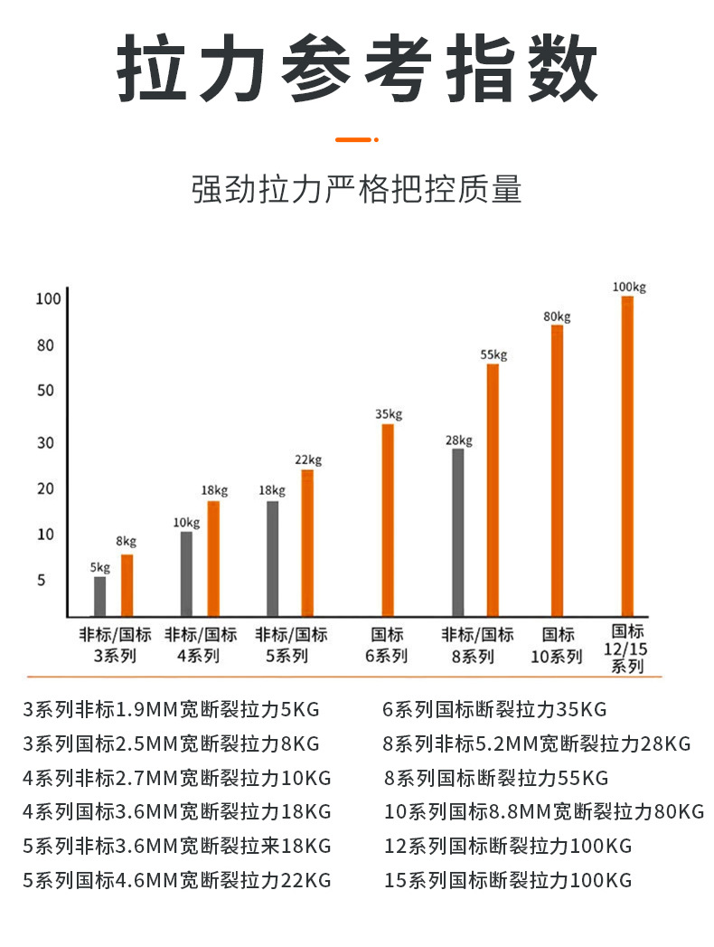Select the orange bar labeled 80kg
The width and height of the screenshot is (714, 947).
[558, 469]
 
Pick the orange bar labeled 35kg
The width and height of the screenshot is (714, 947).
[388, 519]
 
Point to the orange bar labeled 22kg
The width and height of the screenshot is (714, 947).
[307, 542]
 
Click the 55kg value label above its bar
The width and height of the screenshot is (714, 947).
[493, 355]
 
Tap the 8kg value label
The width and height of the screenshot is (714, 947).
[126, 542]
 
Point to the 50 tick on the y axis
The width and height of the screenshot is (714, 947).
[46, 391]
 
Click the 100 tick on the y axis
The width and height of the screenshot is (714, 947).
[47, 298]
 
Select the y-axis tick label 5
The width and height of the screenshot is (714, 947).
[41, 580]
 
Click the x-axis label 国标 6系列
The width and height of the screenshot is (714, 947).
[387, 646]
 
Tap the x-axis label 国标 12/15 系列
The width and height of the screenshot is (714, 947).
[628, 649]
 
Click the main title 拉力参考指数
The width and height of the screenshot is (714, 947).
[357, 71]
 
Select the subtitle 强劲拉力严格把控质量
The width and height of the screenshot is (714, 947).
[357, 191]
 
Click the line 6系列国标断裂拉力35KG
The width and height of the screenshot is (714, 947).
[494, 709]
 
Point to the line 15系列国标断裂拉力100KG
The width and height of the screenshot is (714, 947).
[507, 880]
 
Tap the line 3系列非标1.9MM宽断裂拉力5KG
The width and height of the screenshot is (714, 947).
[171, 709]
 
